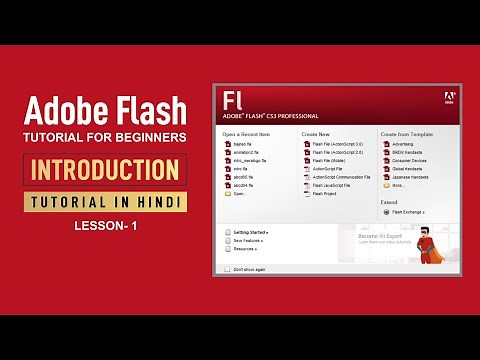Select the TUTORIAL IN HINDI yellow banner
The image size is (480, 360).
click(x=104, y=202)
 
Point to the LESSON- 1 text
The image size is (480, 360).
click(x=104, y=227)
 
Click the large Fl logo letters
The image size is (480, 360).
click(x=234, y=101)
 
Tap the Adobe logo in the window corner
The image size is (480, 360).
click(x=448, y=99)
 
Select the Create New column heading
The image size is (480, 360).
click(x=316, y=133)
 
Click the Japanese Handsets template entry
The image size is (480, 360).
click(x=413, y=177)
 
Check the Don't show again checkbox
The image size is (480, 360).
click(x=227, y=270)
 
